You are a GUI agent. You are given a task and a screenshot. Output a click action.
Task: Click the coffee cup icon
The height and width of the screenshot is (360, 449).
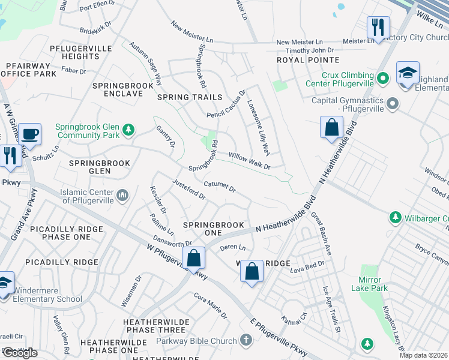click(29, 133)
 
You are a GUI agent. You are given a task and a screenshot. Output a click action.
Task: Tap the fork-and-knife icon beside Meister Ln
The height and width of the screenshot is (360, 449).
click(378, 27)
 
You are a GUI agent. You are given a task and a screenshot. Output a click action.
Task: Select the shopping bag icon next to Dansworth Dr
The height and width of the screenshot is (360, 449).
click(193, 259)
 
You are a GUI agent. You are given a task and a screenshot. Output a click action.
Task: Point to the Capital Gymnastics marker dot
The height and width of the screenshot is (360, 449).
click(393, 104)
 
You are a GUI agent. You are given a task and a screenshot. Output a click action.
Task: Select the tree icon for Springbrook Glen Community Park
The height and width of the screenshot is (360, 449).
click(127, 130)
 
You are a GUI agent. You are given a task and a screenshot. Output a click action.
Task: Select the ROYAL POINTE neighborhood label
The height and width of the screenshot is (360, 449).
click(308, 61)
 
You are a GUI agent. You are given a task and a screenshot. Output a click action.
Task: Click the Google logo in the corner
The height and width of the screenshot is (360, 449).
click(20, 353)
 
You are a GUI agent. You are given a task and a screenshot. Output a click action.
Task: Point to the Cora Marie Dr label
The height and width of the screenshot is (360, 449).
click(210, 305)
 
